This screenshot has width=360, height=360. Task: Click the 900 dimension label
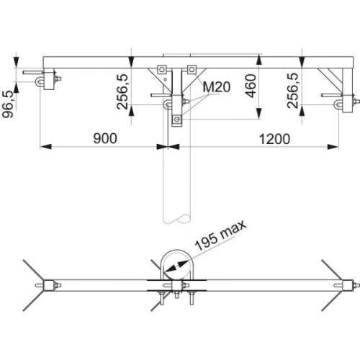point(105,138)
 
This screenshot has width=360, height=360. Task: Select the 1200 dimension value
point(274,139)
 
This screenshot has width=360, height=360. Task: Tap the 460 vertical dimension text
point(251,86)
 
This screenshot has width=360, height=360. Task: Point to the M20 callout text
point(217,87)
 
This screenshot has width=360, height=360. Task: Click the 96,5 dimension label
point(8,104)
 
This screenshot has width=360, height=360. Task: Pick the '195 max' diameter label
point(220,235)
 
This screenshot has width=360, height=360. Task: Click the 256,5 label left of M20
point(122,91)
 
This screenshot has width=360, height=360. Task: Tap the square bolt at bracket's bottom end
point(177,119)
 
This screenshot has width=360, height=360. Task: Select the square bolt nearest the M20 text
point(192,70)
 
